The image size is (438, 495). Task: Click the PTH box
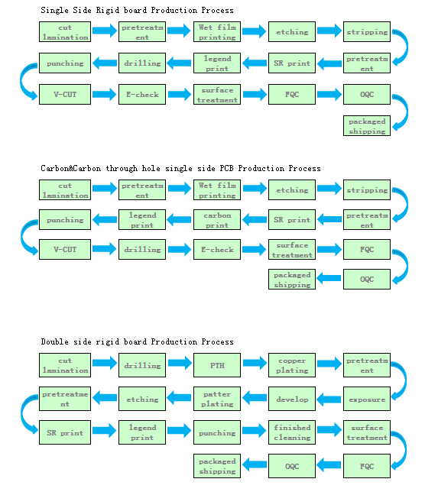pos(217,365)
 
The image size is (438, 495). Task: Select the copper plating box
pos(292,365)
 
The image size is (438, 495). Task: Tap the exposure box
pos(367,399)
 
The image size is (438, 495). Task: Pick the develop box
pos(292,399)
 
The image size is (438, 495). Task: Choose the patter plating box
pos(217,399)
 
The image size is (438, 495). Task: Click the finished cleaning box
pos(292,432)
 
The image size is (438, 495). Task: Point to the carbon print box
pos(217,219)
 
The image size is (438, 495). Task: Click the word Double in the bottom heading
pos(54,341)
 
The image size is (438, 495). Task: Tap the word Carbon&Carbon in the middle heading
pos(71,168)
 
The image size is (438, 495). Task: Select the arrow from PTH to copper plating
pos(255,363)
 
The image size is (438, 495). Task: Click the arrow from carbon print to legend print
pos(179,220)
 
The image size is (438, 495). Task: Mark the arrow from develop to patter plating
pos(255,398)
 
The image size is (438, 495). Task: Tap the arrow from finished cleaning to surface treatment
pos(329,430)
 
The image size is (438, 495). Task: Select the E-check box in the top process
pos(142,94)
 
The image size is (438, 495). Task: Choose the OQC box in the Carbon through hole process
pos(367,279)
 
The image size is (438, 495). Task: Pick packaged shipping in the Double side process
pos(217,466)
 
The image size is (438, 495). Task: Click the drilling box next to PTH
pos(142,365)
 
